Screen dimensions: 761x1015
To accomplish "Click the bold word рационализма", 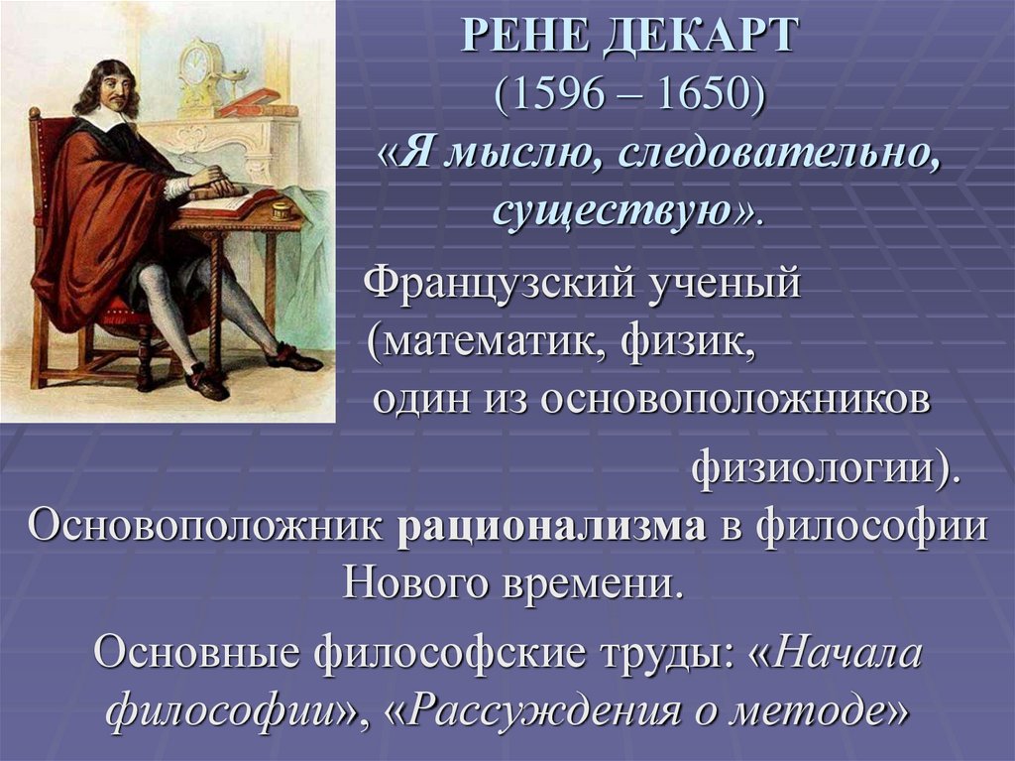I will click(552, 526).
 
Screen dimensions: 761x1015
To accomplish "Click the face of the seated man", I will click(117, 91).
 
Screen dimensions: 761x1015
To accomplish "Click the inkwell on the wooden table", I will click(280, 210).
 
